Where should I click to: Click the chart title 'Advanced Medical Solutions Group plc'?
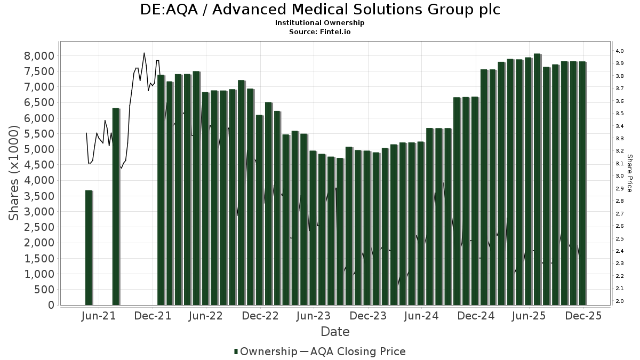coord(320,10)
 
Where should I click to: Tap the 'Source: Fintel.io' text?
coord(320,31)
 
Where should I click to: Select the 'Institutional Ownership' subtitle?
coord(320,23)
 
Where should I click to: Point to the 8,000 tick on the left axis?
coord(39,56)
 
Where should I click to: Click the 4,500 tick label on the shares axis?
coord(39,165)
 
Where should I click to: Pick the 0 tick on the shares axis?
coord(51,305)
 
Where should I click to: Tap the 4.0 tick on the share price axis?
coord(619,51)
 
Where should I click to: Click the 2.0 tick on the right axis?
coord(619,301)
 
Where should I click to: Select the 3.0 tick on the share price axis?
coord(619,176)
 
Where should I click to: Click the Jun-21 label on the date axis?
coord(99,316)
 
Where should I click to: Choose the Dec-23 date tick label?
coord(368,316)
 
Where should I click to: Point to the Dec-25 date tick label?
coord(583,316)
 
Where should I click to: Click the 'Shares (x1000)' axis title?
coord(15,173)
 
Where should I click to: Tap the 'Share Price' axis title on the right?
coord(630,173)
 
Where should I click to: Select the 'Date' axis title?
coord(335,332)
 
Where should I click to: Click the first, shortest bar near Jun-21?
coord(89,247)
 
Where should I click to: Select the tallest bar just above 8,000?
coord(537,179)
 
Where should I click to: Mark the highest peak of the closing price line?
coord(144,53)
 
